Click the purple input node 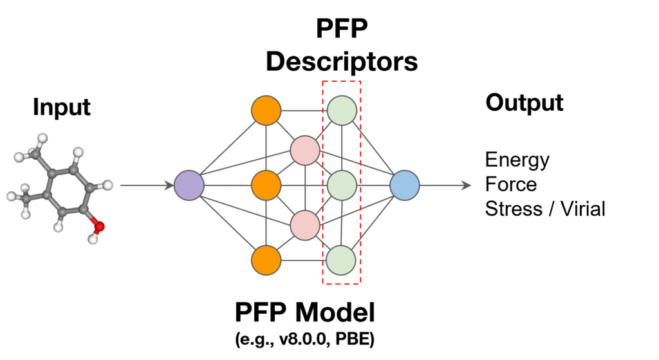[x=189, y=185]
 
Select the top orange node [x=266, y=111]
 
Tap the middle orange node [x=266, y=185]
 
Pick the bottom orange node [x=266, y=260]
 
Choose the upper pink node [x=304, y=150]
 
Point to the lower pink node [x=304, y=225]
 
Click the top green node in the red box [x=342, y=111]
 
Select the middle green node [x=342, y=185]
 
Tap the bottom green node [x=342, y=260]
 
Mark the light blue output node [x=405, y=185]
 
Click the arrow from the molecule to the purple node [x=145, y=185]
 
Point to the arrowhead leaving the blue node [x=467, y=185]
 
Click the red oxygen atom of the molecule [x=98, y=227]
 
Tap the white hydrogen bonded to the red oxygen [x=93, y=239]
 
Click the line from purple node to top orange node [x=227, y=148]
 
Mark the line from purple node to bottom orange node [x=227, y=223]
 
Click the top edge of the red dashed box [x=342, y=81]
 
